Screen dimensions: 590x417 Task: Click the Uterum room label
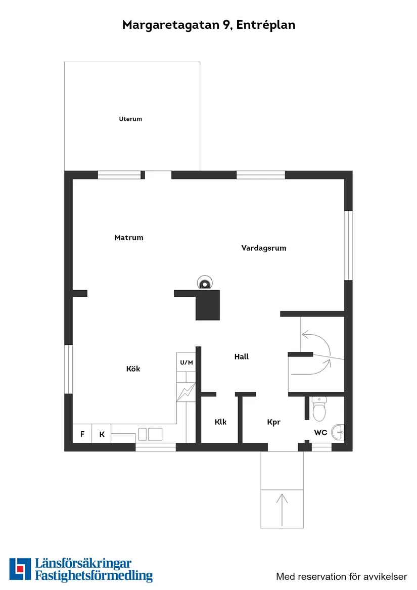click(x=130, y=119)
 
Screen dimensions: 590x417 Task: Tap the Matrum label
click(x=129, y=238)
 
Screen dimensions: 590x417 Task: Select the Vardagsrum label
click(x=264, y=248)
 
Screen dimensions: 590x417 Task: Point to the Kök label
click(x=133, y=369)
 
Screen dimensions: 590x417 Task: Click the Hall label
click(x=242, y=356)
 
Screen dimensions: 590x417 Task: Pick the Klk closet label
click(x=220, y=422)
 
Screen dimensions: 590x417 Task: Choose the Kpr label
click(x=273, y=422)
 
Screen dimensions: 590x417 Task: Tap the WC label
click(x=320, y=433)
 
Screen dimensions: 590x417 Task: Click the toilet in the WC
click(x=319, y=410)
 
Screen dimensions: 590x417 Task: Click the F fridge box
click(x=82, y=434)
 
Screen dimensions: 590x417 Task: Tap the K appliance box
click(x=102, y=434)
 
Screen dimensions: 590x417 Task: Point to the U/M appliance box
click(x=186, y=362)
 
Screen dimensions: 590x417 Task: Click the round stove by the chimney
click(x=205, y=284)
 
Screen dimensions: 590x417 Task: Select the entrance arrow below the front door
click(x=282, y=508)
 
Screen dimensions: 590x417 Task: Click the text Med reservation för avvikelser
click(x=341, y=576)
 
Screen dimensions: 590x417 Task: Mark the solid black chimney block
click(x=208, y=305)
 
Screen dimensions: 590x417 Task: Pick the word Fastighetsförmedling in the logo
click(x=94, y=575)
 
